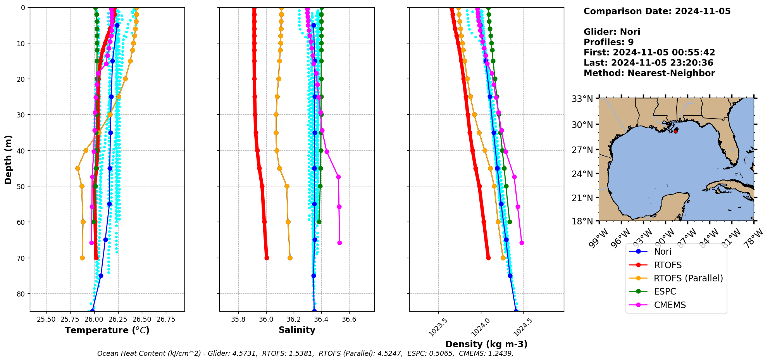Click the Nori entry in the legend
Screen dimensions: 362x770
click(x=663, y=252)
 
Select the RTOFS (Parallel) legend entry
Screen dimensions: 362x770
click(x=688, y=278)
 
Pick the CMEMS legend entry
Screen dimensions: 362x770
click(x=670, y=305)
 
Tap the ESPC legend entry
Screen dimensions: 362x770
click(x=665, y=291)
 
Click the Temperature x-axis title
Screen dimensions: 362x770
click(x=107, y=330)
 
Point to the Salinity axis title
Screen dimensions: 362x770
click(x=297, y=330)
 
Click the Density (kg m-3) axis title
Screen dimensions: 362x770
click(x=486, y=344)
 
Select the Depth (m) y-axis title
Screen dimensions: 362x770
click(x=9, y=159)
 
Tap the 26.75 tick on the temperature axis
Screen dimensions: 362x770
click(x=166, y=319)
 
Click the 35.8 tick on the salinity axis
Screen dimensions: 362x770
click(x=238, y=319)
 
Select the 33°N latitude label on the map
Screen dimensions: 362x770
click(x=582, y=99)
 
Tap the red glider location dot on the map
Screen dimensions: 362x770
click(x=675, y=131)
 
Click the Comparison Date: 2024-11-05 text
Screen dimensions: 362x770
click(x=657, y=11)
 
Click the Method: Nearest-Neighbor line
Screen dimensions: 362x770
click(x=649, y=73)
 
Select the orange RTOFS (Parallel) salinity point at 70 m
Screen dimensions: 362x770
click(x=290, y=258)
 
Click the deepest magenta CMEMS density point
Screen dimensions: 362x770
click(x=522, y=243)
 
